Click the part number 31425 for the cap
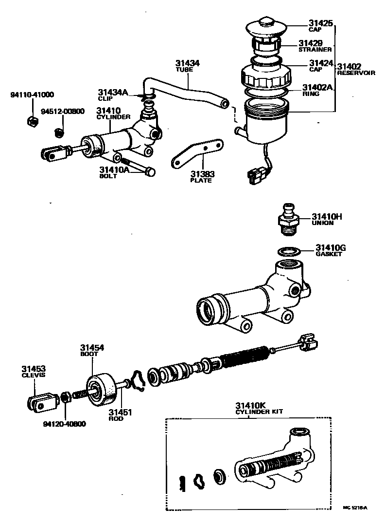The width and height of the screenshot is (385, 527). click(320, 22)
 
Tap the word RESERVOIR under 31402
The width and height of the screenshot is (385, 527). click(356, 73)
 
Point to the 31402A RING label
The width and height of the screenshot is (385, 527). click(317, 90)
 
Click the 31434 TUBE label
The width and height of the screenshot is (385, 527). click(187, 66)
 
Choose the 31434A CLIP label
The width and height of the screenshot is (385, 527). click(113, 94)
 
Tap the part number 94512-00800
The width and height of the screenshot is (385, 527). click(62, 111)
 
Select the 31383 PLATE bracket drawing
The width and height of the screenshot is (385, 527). click(197, 152)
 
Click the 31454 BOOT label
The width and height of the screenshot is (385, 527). click(92, 350)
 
